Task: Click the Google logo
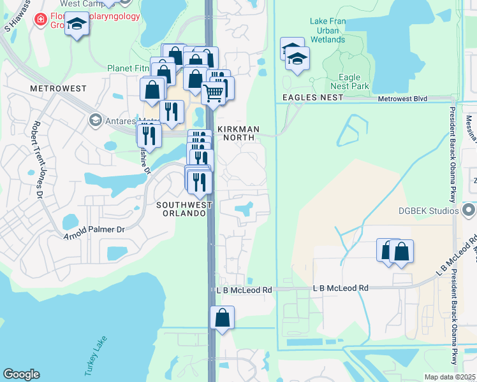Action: [x=22, y=374]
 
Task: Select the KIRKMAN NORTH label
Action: [x=238, y=129]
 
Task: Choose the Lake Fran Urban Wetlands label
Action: [x=327, y=30]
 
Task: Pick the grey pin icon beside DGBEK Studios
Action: [x=469, y=209]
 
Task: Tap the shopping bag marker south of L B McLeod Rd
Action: [x=222, y=318]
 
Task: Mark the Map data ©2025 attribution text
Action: [x=450, y=377]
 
